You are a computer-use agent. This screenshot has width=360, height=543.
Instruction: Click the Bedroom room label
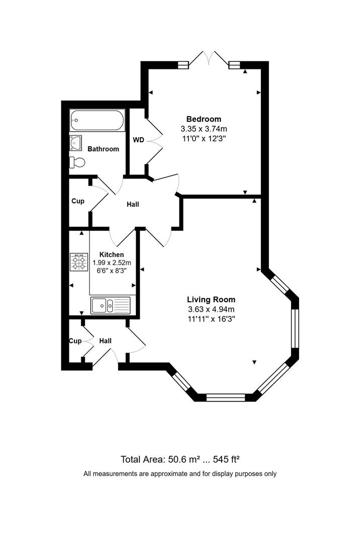tap(204, 119)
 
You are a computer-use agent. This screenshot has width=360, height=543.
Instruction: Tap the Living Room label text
tap(211, 299)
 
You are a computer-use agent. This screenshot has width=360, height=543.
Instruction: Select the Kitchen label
tap(112, 254)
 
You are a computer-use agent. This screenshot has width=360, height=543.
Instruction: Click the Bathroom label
tap(103, 149)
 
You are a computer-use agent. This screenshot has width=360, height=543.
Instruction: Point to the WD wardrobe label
tap(138, 140)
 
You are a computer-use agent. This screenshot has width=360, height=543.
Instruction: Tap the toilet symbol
tap(77, 162)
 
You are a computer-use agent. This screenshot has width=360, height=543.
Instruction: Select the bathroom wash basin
tap(76, 143)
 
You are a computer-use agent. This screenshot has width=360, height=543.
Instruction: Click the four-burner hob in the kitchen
tap(79, 261)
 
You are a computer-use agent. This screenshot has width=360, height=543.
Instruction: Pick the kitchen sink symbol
tap(110, 305)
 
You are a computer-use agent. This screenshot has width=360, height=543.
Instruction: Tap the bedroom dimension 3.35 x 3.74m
tap(204, 129)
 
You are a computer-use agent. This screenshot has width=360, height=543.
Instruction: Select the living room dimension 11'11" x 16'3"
tap(211, 319)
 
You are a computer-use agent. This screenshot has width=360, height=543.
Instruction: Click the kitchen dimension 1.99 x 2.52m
tap(112, 262)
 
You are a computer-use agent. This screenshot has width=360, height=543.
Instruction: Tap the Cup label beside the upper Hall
tap(77, 201)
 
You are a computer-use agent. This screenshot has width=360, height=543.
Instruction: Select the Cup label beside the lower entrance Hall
tap(75, 341)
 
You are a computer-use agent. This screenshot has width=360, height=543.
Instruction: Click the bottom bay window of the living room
tap(225, 398)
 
